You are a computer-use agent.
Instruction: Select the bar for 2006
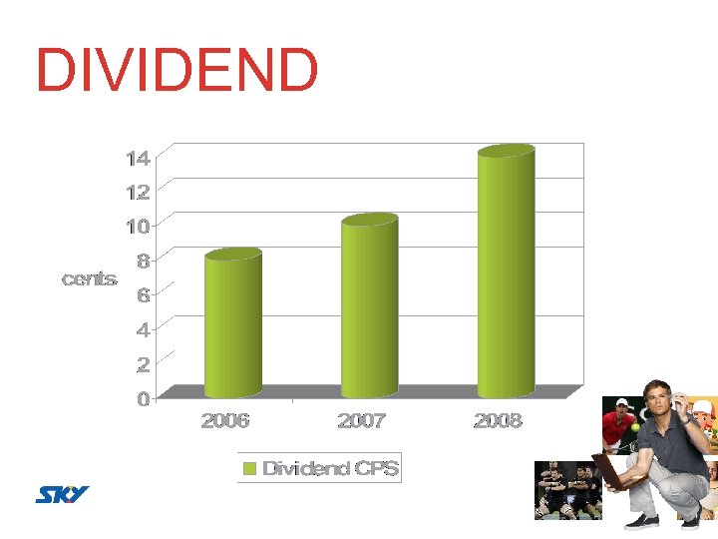pos(232,324)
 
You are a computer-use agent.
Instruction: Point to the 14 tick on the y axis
pos(138,158)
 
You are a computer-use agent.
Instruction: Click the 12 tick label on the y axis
pos(138,192)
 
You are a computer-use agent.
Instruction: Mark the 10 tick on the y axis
pos(138,226)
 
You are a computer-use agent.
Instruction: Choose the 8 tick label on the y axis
pos(143,261)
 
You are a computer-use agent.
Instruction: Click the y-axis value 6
pos(143,295)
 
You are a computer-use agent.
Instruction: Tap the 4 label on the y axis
pos(143,329)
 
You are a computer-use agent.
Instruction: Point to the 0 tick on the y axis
pos(143,398)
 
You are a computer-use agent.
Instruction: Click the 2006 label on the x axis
pos(225,421)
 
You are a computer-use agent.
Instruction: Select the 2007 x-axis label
pos(361,421)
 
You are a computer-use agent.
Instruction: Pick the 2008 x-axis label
pos(498,421)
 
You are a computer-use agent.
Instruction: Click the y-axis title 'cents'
pos(89,279)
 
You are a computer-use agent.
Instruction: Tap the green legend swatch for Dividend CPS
pos(250,468)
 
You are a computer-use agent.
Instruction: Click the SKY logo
pos(63,494)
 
